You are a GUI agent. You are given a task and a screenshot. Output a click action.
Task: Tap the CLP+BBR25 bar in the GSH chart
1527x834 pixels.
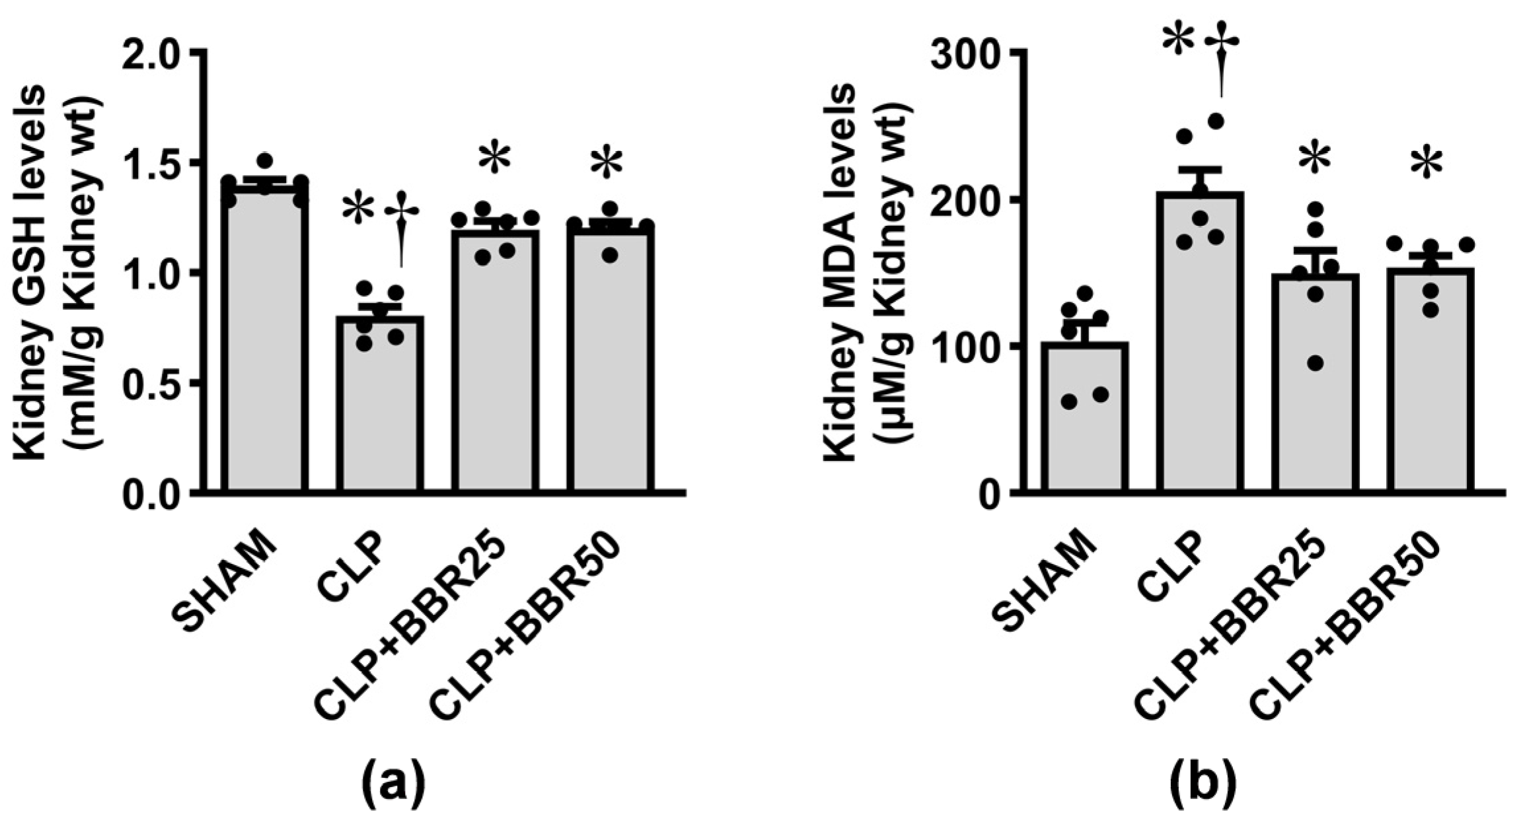495,363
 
